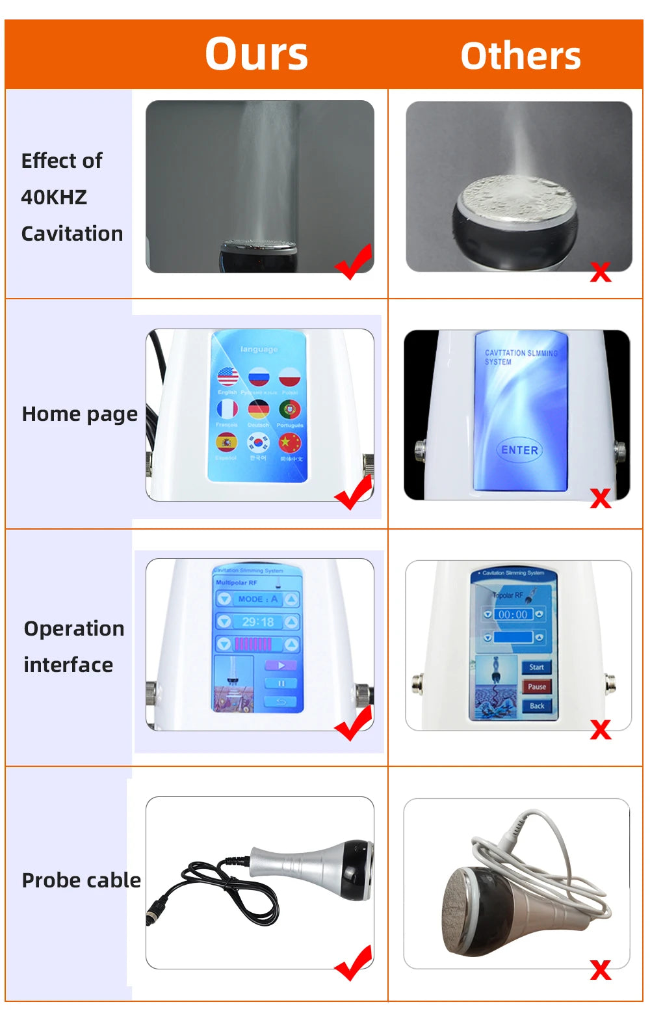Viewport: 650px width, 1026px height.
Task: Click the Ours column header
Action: coord(256,54)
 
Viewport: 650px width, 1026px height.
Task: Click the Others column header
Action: coord(520,56)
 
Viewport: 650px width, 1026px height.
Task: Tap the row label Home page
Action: coord(79,414)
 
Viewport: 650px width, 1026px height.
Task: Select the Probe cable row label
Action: coord(81,880)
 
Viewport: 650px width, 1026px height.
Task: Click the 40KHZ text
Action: coord(54,197)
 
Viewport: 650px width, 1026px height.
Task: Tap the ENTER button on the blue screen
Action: coord(519,450)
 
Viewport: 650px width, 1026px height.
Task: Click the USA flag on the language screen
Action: coord(227,376)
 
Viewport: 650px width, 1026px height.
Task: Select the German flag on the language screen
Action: coord(259,409)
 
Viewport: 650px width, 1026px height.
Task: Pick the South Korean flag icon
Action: coord(259,443)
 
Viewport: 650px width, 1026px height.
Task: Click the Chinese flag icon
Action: coord(289,443)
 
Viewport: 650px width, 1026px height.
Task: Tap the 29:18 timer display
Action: coord(258,622)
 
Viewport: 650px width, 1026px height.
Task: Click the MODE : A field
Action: coord(258,599)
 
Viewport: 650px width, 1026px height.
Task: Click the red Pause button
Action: coord(536,686)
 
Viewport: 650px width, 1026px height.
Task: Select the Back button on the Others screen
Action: coord(536,706)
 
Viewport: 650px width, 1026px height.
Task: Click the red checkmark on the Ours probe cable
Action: coord(354,963)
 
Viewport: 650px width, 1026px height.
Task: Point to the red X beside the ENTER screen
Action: coord(601,498)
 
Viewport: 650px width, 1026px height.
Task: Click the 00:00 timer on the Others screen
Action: coord(513,614)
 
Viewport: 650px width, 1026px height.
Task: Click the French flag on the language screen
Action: coord(227,409)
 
